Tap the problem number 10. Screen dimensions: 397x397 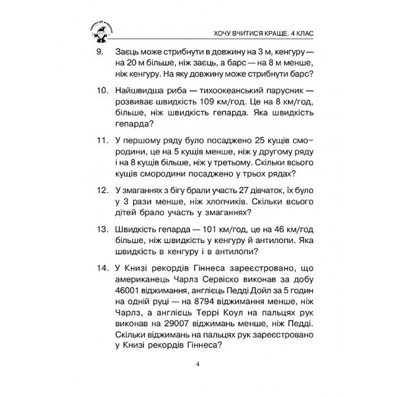coord(101,91)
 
